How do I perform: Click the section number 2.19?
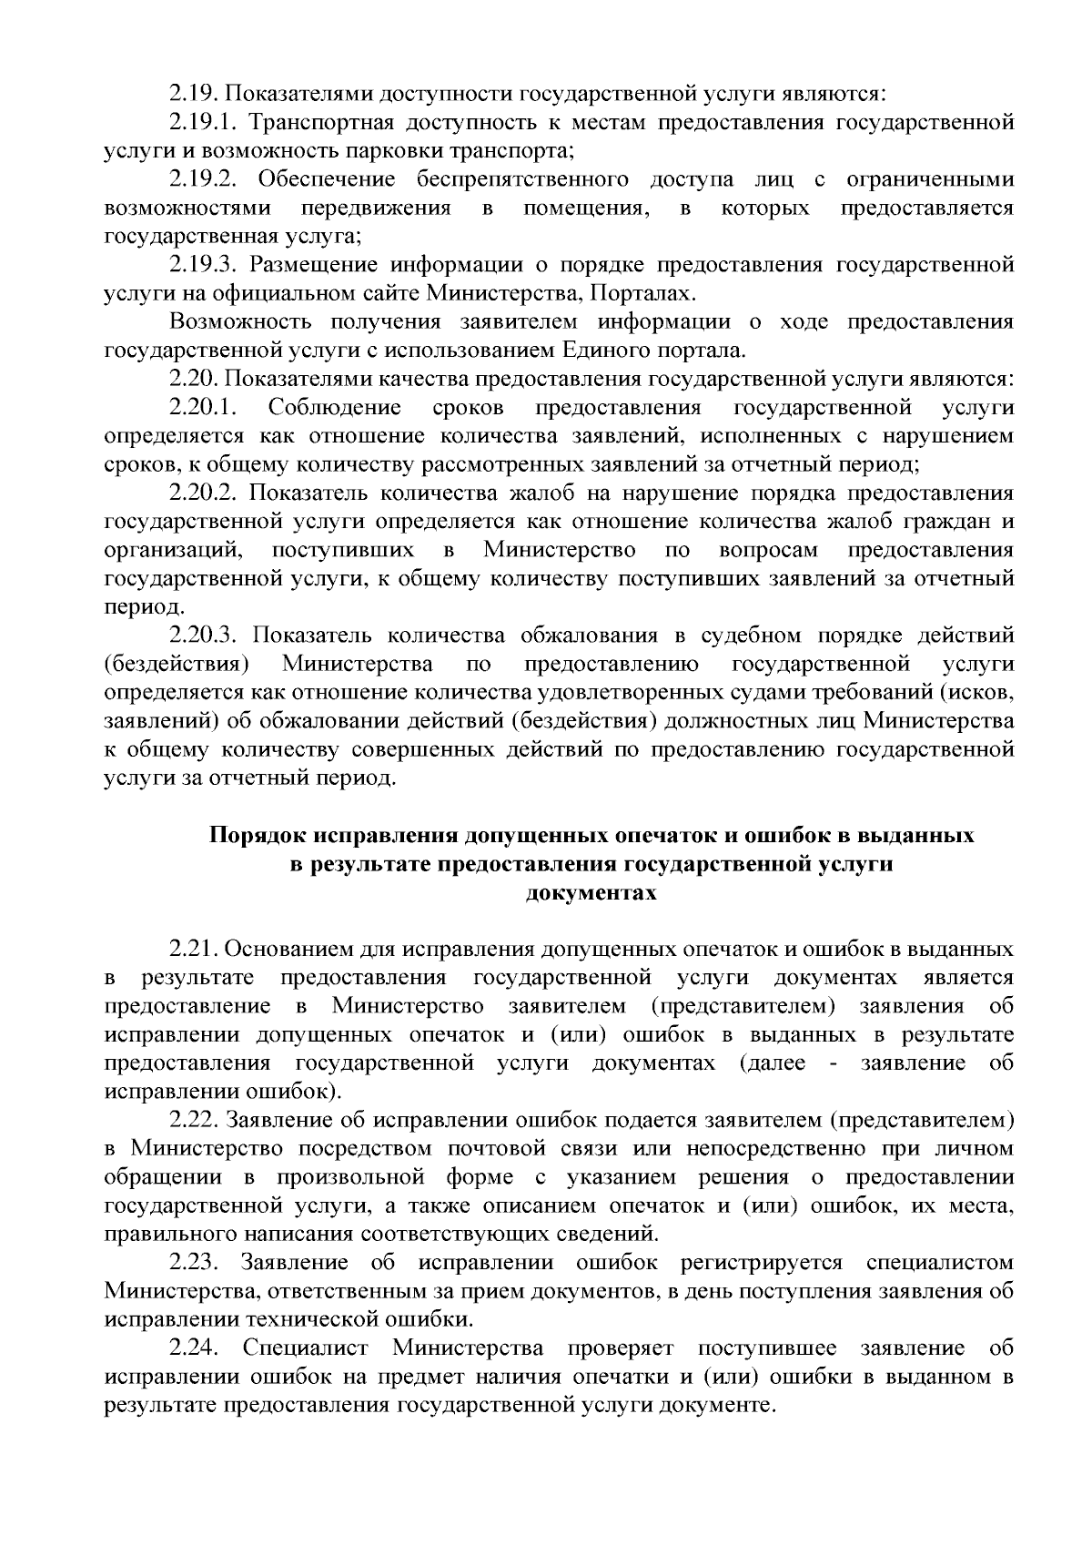[x=193, y=94]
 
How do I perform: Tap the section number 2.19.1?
[x=202, y=122]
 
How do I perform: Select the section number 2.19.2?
[x=202, y=179]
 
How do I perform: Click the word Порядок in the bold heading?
[x=258, y=836]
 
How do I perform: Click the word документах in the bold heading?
[x=591, y=893]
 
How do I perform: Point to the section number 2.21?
[x=193, y=950]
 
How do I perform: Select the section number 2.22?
[x=193, y=1120]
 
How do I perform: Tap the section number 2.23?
[x=193, y=1263]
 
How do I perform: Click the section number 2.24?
[x=193, y=1348]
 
